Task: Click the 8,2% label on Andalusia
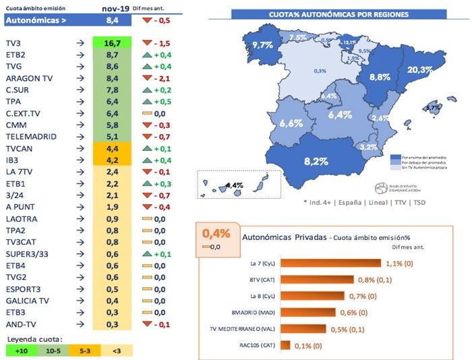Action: tap(316, 161)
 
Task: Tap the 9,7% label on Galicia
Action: tap(262, 45)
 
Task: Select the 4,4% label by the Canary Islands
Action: tap(234, 185)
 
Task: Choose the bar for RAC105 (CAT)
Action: tap(285, 345)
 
